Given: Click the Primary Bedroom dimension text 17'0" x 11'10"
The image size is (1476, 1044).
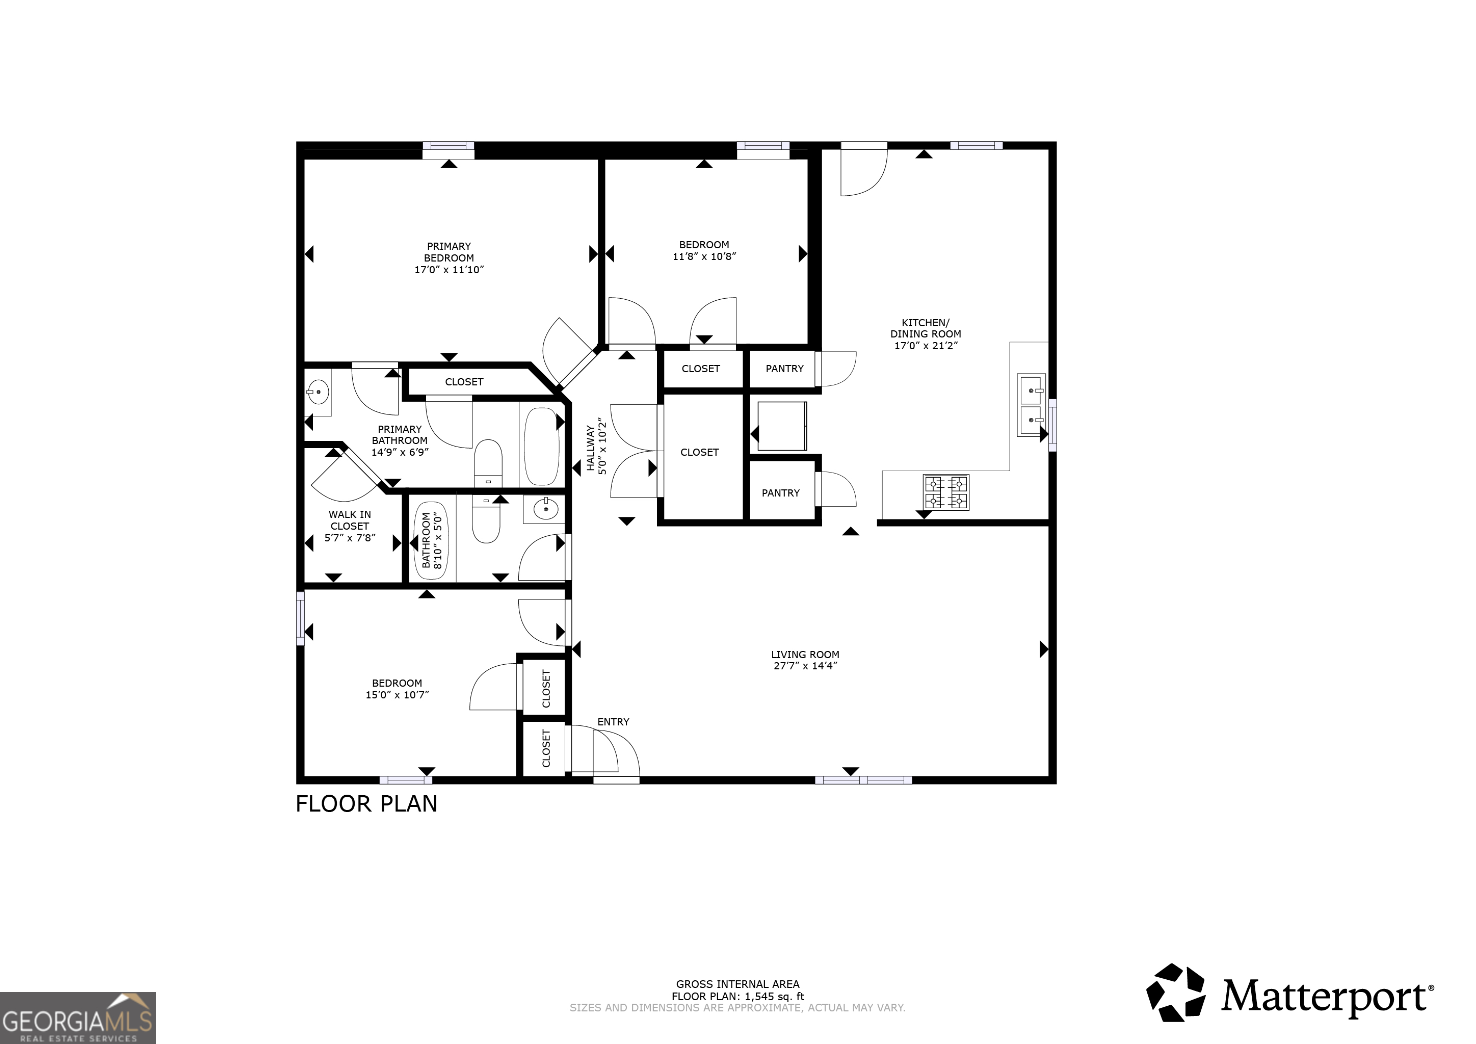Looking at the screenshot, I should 449,270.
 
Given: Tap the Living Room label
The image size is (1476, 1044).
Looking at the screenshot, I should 805,655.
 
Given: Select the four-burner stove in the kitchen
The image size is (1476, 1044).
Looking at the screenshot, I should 945,492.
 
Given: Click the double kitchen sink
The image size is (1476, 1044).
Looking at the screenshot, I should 1031,406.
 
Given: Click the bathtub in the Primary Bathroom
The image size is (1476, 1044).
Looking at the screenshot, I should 541,446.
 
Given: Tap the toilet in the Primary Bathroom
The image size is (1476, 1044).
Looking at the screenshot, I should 488,463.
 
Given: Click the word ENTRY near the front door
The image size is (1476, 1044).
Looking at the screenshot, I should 613,722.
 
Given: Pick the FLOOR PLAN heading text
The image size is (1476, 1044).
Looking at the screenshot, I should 366,803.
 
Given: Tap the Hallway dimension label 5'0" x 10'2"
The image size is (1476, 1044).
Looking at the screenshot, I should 602,446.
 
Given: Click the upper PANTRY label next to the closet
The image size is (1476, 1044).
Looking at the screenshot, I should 784,369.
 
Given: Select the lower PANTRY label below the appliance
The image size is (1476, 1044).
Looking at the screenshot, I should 780,493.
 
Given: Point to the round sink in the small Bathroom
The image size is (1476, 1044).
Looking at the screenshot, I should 546,510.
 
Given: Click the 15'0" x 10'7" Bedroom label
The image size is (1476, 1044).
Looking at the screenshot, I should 397,695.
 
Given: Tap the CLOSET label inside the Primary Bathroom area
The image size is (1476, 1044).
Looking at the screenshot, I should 464,382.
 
